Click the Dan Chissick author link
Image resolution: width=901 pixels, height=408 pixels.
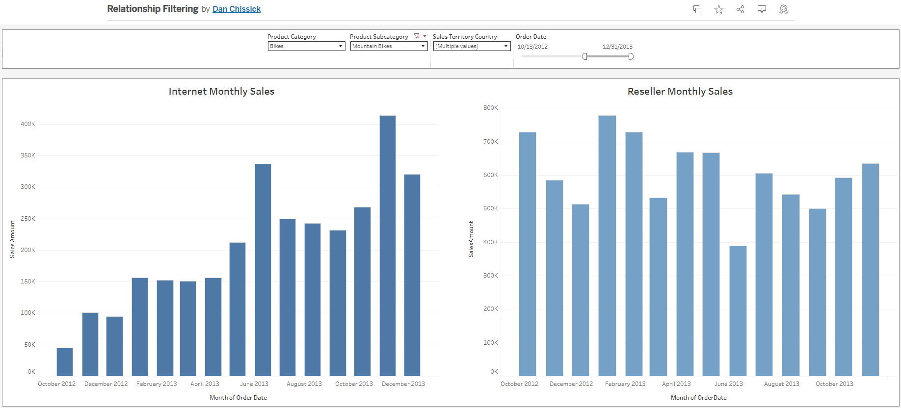tap(236, 9)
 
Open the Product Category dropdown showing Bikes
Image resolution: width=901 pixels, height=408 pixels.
tap(306, 46)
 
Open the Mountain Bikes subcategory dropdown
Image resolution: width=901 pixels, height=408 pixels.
tap(389, 46)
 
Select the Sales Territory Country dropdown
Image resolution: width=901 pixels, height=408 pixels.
tap(472, 46)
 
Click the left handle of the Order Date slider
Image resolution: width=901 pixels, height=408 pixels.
tap(584, 56)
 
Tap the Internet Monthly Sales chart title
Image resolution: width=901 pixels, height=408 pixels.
tap(221, 91)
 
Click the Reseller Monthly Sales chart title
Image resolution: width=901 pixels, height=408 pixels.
tap(680, 91)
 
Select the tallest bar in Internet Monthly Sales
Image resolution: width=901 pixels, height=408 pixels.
tap(387, 245)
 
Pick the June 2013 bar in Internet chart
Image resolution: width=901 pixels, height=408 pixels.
tap(263, 270)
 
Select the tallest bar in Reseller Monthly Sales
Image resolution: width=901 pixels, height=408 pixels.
tap(607, 245)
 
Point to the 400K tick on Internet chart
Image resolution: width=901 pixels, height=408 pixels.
tap(27, 124)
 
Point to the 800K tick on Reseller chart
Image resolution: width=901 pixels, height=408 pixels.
tap(490, 108)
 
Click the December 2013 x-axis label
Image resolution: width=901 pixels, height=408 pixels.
tap(403, 384)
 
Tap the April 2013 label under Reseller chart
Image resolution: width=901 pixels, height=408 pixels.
tap(676, 384)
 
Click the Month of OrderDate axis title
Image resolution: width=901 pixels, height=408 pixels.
tap(698, 398)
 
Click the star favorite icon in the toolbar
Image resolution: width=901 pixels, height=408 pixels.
tap(718, 9)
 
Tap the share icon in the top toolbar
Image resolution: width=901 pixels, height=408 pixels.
tap(740, 9)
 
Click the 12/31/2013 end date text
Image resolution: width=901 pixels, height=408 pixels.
tap(617, 47)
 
